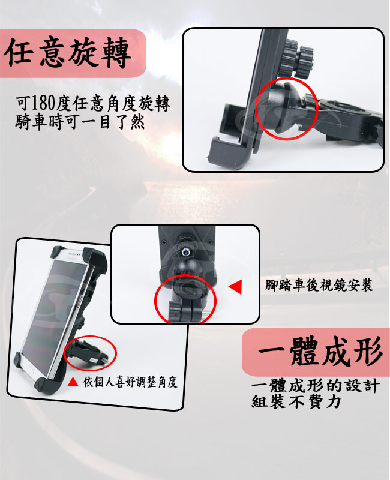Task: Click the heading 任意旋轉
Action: [x=68, y=52]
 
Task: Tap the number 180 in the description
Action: [x=43, y=103]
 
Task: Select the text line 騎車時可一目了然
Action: [x=80, y=122]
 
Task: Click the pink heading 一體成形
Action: [x=320, y=351]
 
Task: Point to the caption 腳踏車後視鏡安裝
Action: [x=319, y=285]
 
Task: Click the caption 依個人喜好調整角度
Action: [x=130, y=382]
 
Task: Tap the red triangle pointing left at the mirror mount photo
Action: [x=235, y=287]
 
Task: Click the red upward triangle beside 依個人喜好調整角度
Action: [x=73, y=382]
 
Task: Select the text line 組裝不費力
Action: [x=296, y=401]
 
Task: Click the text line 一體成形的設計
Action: [x=316, y=386]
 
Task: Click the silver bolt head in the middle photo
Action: [x=185, y=251]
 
